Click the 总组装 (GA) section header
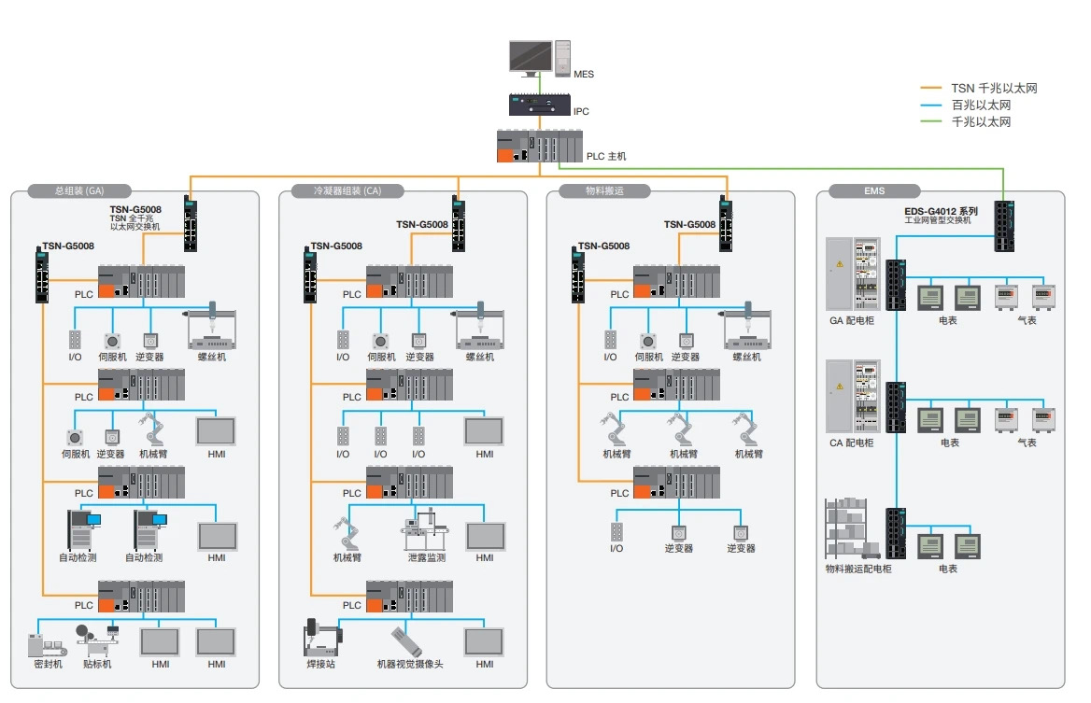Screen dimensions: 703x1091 79,191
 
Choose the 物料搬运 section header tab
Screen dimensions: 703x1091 603,191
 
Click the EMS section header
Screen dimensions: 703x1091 874,191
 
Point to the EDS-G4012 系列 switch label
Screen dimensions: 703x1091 941,212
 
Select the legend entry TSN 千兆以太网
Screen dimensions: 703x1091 994,89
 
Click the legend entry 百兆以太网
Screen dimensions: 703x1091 981,105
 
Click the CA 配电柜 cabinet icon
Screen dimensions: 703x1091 853,396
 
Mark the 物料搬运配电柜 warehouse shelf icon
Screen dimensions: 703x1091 853,527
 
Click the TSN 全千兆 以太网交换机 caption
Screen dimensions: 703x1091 135,222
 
